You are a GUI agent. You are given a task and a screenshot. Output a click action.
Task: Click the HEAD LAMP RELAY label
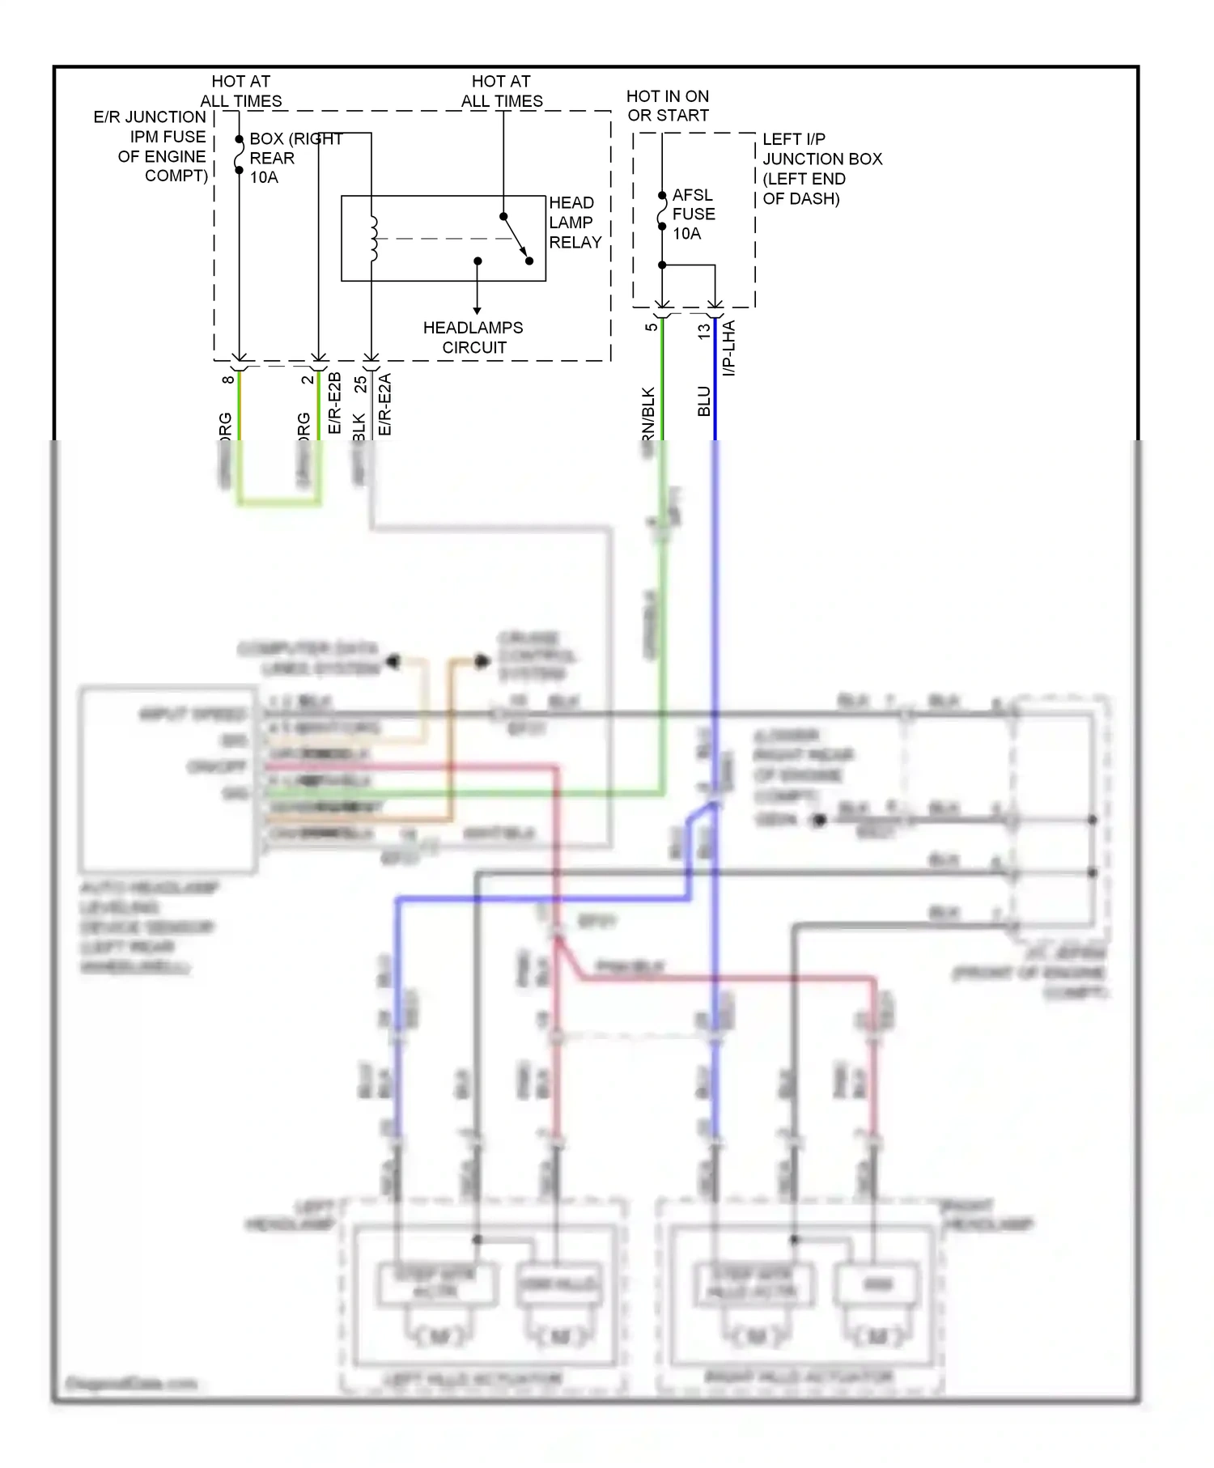[575, 223]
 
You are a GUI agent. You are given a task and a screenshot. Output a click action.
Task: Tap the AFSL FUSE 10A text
[693, 214]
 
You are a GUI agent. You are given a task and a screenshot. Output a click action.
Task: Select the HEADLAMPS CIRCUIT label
[473, 337]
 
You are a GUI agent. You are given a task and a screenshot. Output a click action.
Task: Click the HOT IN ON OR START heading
[668, 106]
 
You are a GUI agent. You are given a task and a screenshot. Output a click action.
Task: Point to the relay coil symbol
[373, 239]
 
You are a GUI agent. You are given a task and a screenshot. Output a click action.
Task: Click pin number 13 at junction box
[703, 330]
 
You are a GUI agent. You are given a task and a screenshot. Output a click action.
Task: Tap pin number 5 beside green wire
[651, 327]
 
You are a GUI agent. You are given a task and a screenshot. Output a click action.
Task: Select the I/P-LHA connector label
[728, 349]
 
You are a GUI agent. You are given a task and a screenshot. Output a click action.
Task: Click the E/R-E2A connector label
[385, 404]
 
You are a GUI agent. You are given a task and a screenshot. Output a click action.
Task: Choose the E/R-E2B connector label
[334, 403]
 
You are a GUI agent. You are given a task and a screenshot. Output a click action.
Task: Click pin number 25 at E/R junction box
[360, 384]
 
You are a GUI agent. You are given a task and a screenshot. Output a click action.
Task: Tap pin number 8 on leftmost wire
[228, 379]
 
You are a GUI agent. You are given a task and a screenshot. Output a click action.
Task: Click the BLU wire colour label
[704, 401]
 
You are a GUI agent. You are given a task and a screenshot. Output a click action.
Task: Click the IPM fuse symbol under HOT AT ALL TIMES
[240, 155]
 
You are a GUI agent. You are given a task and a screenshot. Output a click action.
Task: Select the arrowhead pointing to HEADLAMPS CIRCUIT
[478, 310]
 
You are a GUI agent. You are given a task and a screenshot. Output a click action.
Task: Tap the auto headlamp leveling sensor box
[168, 779]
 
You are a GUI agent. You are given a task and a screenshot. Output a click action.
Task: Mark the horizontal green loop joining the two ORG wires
[279, 503]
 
